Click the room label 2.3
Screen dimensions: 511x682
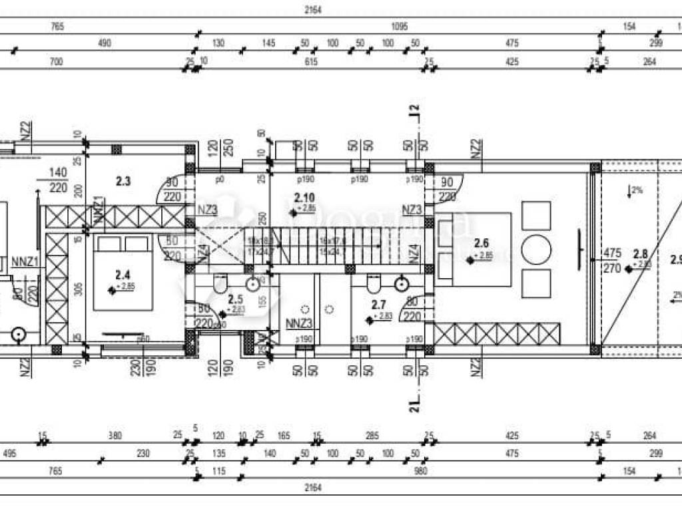point(123,181)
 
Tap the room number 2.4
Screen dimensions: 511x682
point(122,274)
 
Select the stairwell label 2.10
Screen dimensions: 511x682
point(304,197)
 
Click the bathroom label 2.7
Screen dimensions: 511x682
point(378,305)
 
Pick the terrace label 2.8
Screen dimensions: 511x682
point(641,254)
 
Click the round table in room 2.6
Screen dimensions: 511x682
point(536,250)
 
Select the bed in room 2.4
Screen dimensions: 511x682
point(123,273)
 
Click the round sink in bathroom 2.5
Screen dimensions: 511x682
point(253,284)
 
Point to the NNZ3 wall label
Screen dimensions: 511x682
point(299,325)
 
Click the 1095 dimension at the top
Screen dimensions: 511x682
point(400,27)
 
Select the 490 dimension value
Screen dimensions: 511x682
point(105,44)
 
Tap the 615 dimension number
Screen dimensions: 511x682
point(311,62)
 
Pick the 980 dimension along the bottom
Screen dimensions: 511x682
point(420,471)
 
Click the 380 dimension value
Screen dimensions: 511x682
point(115,436)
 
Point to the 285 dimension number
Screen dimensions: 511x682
point(372,436)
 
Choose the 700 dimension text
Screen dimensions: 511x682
point(56,62)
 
